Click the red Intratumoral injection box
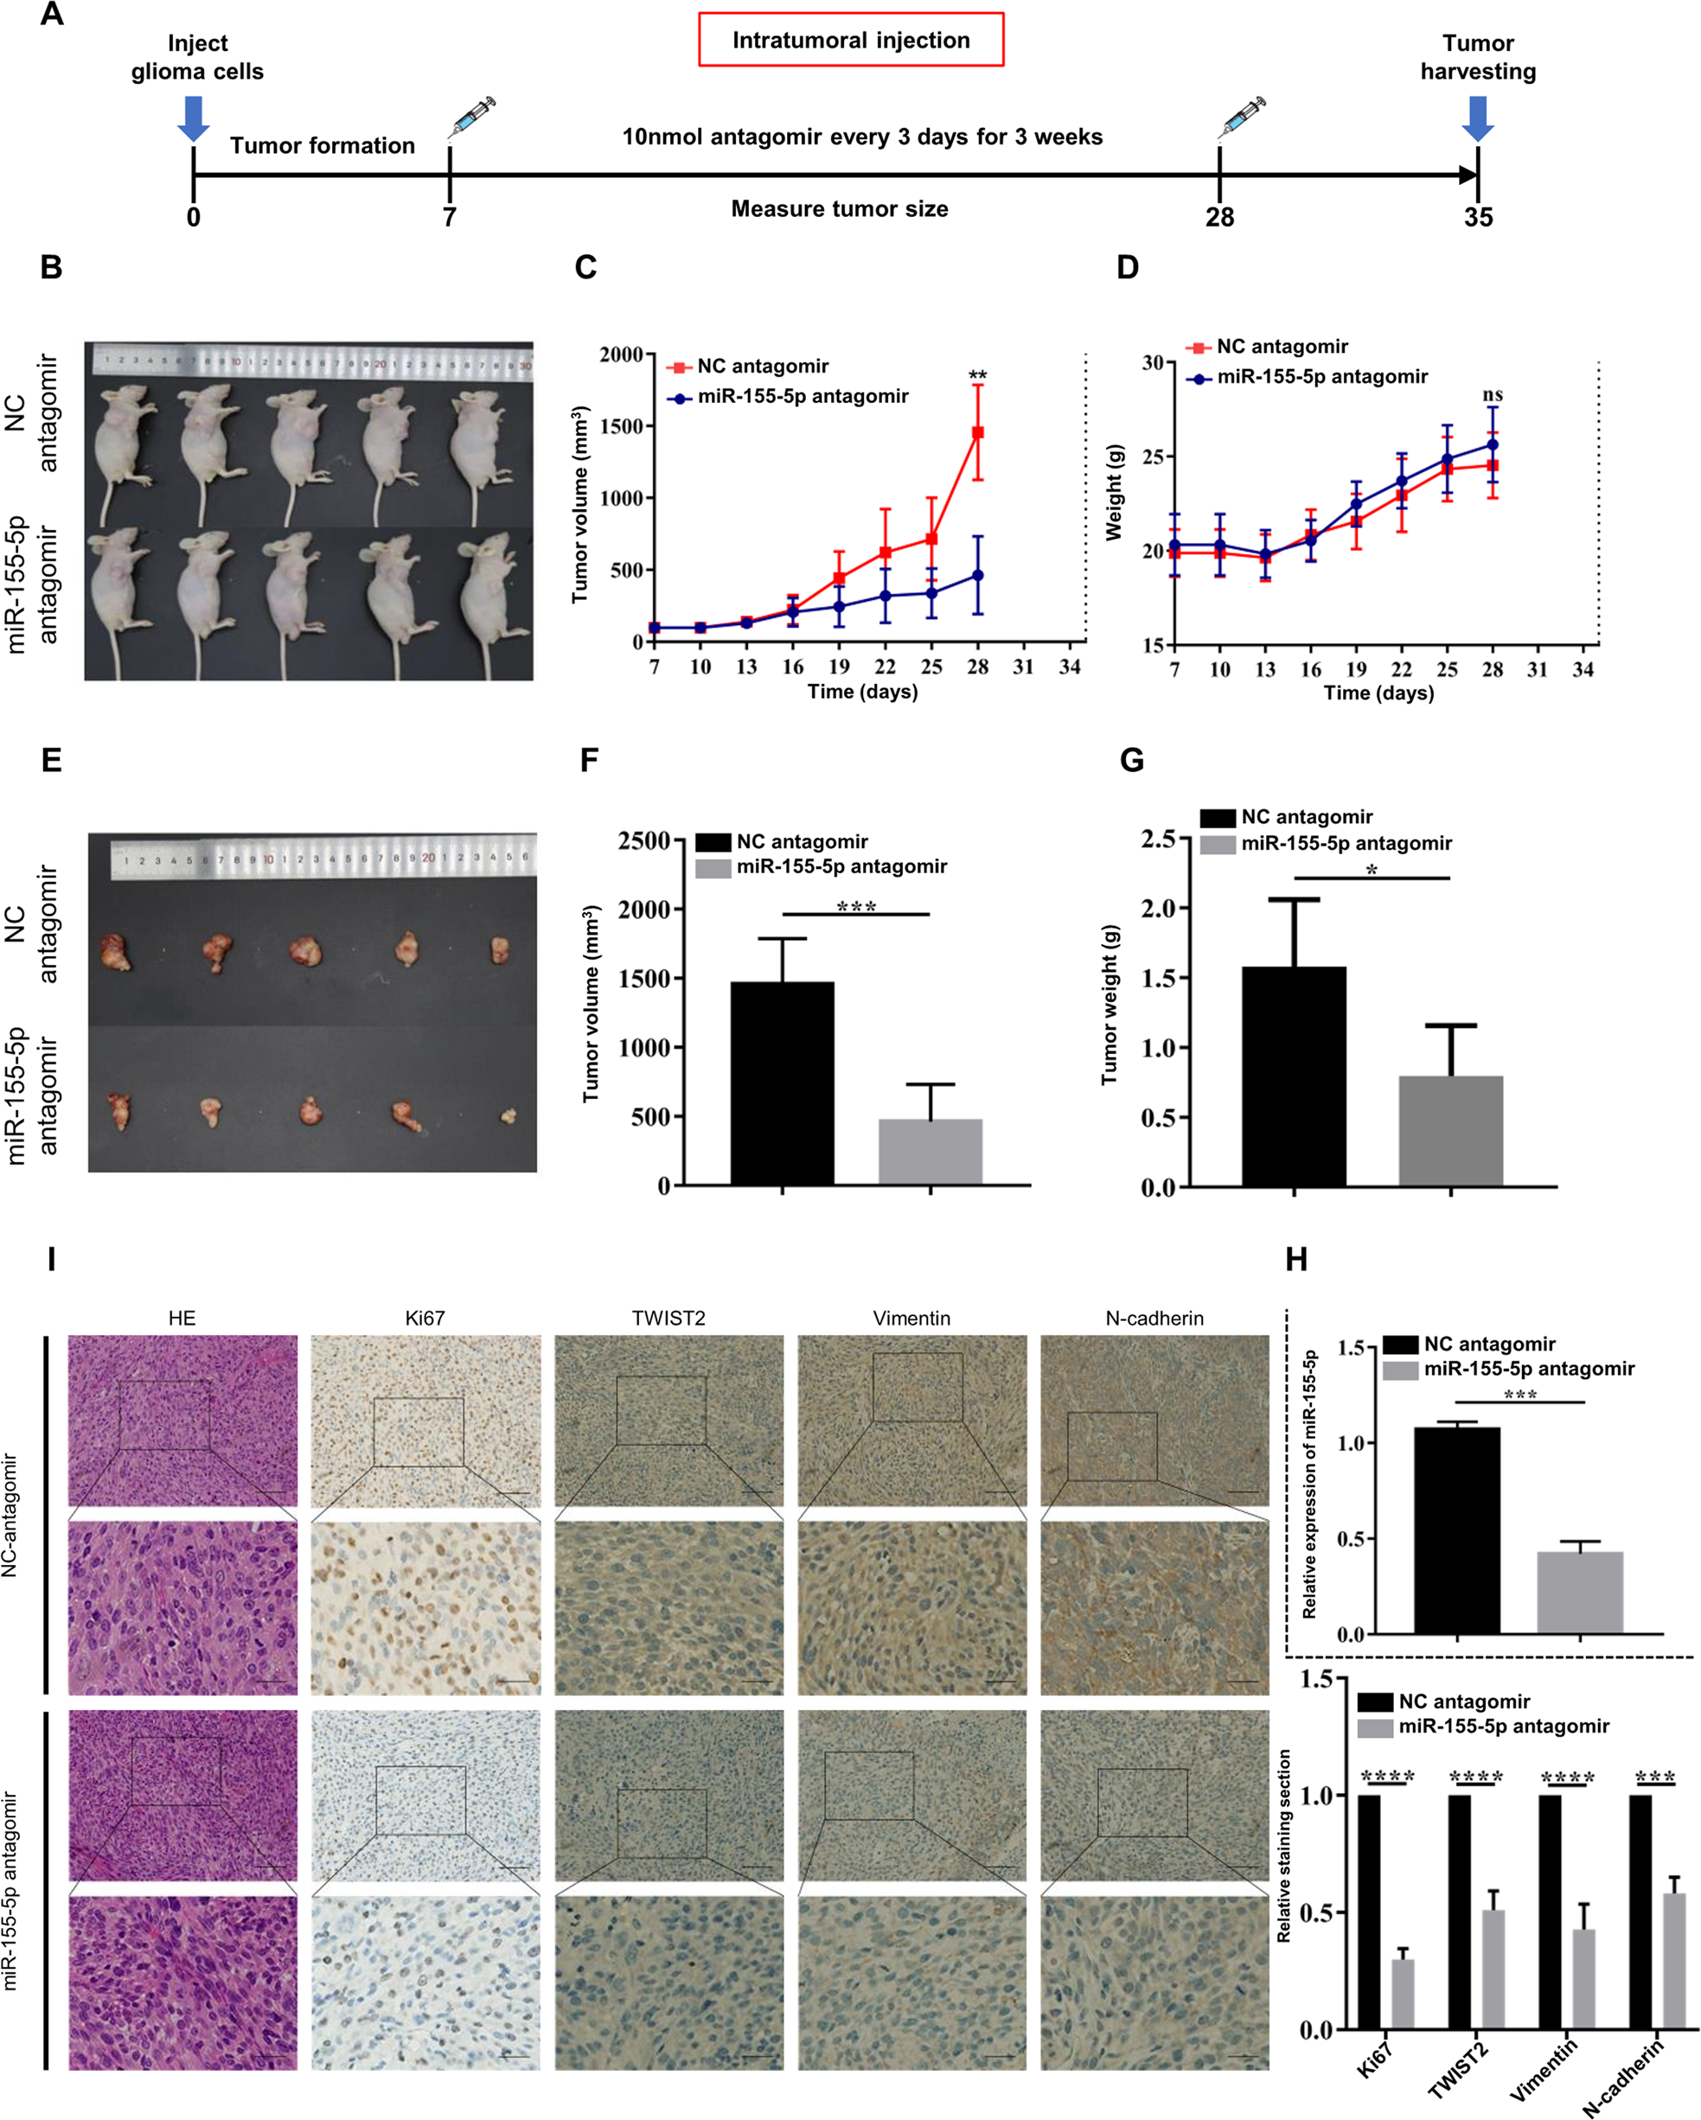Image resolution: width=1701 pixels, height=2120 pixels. [x=851, y=39]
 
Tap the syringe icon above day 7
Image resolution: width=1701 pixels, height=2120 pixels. [x=471, y=118]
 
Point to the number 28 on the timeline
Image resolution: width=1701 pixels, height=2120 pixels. [x=1219, y=217]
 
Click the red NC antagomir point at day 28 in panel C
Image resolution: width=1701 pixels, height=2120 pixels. [x=977, y=432]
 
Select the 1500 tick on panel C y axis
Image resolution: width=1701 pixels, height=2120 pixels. [x=622, y=425]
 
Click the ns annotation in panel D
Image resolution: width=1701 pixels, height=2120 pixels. [x=1492, y=395]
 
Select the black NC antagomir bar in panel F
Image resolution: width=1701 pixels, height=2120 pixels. [x=782, y=1082]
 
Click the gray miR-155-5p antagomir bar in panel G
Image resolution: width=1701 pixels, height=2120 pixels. [x=1450, y=1131]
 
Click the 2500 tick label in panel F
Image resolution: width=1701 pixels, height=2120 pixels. [x=644, y=840]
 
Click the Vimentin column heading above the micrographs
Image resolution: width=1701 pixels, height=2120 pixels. [x=911, y=1319]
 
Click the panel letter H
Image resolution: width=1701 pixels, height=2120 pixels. [x=1296, y=1260]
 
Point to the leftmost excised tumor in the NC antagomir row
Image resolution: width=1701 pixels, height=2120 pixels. [x=115, y=952]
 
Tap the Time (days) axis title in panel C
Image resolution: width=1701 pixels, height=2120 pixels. [x=862, y=692]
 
